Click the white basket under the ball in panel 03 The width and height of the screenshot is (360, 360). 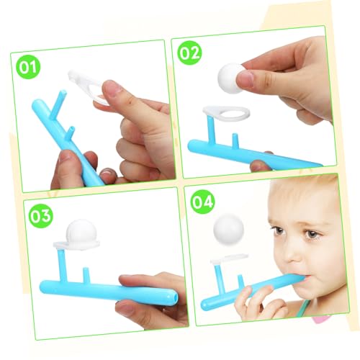pos(73,247)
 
